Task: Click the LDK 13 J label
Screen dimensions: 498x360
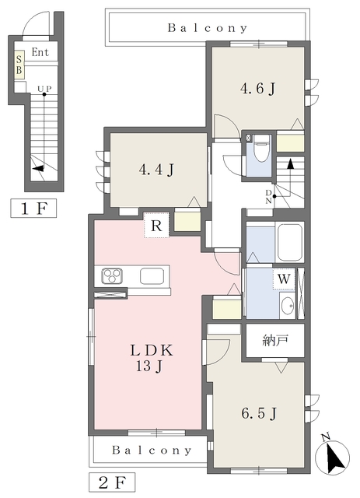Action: [149, 357]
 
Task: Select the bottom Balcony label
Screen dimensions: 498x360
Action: [152, 450]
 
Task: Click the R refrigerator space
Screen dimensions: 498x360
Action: [156, 226]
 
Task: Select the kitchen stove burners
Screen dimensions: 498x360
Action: [110, 275]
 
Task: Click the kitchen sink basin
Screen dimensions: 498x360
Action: [152, 276]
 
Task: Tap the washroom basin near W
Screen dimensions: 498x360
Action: [288, 305]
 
